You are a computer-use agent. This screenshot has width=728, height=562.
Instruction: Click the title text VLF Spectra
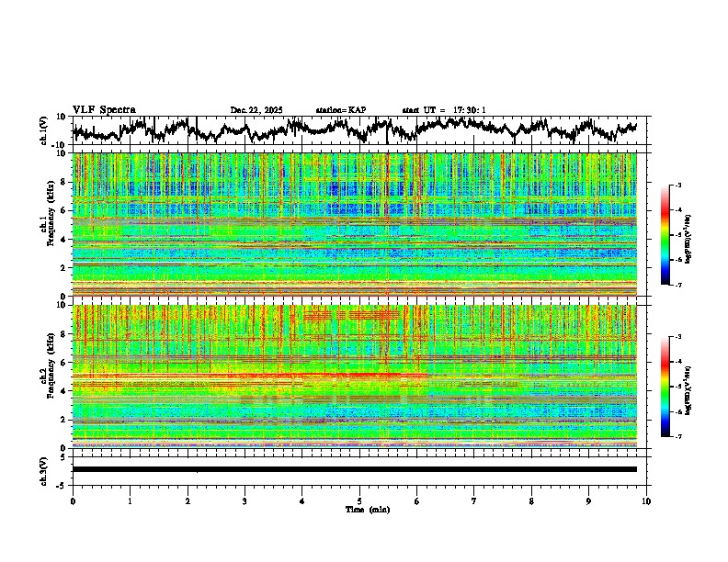point(104,109)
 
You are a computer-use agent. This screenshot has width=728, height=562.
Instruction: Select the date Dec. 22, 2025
point(256,110)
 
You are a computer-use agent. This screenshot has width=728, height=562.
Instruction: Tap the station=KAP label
point(341,110)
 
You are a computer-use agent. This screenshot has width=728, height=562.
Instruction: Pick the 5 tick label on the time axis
point(359,500)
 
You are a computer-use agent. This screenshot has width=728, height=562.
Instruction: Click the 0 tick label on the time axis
point(73,500)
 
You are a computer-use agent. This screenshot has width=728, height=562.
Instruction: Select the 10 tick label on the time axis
point(646,500)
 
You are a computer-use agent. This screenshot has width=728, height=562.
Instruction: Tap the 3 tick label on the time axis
point(245,500)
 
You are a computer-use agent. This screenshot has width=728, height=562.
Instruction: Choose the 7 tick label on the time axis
point(474,500)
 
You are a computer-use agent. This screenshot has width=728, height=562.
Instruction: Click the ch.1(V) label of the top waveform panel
point(44,130)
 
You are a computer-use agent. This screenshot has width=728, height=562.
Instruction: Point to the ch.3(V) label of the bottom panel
point(44,468)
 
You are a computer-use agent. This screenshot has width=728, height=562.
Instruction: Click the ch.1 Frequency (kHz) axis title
point(45,225)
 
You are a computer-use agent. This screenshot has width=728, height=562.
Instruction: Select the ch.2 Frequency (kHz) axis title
point(45,377)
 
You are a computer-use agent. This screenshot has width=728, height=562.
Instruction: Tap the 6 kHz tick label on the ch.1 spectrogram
point(64,210)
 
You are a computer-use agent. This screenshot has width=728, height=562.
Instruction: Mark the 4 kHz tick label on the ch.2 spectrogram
point(64,390)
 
